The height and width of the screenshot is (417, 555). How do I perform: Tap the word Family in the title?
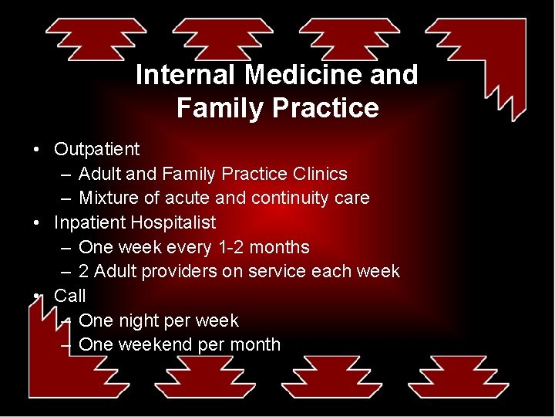[x=219, y=108]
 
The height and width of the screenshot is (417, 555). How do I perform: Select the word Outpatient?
[x=96, y=149]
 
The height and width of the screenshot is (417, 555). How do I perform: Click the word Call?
[x=69, y=296]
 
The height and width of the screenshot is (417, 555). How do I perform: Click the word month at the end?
[x=254, y=344]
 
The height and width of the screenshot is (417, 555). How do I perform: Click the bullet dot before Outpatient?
[x=36, y=149]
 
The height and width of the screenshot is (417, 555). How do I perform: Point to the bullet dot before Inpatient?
[x=36, y=222]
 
